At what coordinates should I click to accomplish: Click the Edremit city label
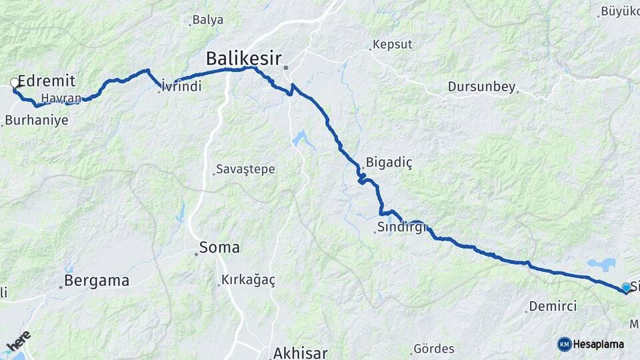(x=46, y=81)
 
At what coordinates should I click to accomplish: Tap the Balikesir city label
(x=243, y=59)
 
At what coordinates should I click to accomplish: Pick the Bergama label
(x=97, y=281)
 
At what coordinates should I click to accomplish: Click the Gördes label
(x=434, y=349)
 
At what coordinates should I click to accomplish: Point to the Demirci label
(x=553, y=307)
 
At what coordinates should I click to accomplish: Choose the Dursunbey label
(x=481, y=87)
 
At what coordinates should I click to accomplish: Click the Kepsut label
(x=393, y=45)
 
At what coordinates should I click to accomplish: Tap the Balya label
(x=207, y=20)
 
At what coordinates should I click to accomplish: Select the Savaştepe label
(x=246, y=169)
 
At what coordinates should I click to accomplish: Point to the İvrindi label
(x=182, y=87)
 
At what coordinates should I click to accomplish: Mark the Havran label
(x=61, y=99)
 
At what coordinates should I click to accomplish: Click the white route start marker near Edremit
(x=15, y=83)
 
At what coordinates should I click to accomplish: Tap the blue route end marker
(x=626, y=287)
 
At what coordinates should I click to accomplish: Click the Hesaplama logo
(x=591, y=344)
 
